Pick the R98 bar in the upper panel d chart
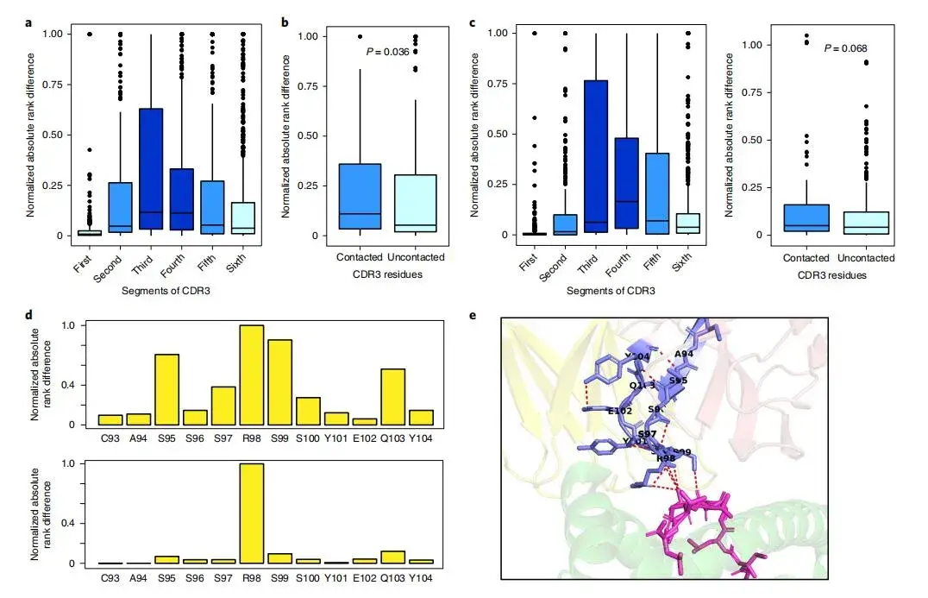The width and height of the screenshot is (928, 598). click(252, 375)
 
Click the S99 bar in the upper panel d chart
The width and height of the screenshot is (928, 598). click(279, 381)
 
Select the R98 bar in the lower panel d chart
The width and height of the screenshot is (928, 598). click(252, 513)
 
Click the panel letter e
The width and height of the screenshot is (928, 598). click(472, 316)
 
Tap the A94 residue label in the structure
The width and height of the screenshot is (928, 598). click(684, 354)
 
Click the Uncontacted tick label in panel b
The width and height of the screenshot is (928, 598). click(416, 257)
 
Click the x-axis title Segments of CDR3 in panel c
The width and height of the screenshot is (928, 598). click(611, 291)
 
